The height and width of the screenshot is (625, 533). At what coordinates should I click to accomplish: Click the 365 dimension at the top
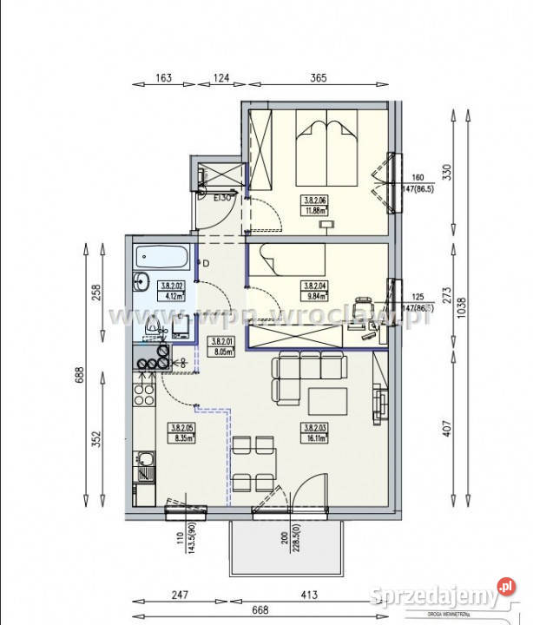click(x=317, y=78)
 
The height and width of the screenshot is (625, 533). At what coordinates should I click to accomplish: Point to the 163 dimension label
click(x=162, y=78)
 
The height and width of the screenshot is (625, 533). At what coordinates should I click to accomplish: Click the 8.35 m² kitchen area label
click(x=181, y=432)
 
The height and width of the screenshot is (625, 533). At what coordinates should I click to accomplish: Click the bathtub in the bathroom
click(x=162, y=258)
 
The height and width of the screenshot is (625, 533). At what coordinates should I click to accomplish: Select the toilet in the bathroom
click(x=154, y=328)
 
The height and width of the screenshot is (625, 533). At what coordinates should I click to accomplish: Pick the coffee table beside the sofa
click(x=329, y=400)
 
